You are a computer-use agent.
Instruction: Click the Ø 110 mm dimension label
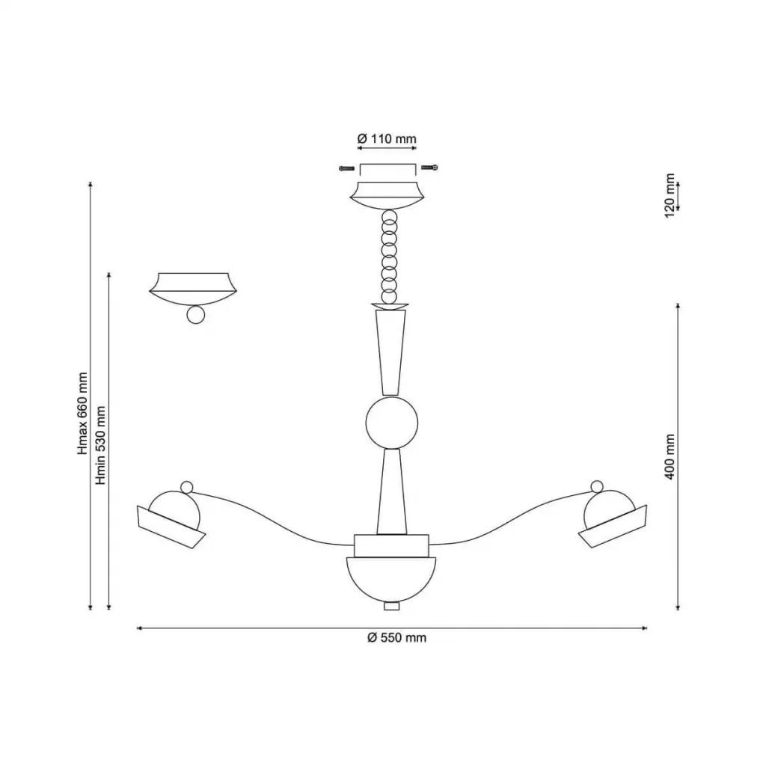tap(387, 138)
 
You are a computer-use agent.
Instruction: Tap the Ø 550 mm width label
tap(396, 637)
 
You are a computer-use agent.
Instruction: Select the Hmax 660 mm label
tap(82, 413)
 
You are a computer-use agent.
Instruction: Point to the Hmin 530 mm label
tap(101, 445)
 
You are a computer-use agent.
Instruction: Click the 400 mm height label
tap(670, 457)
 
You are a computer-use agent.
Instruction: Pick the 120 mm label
tap(670, 196)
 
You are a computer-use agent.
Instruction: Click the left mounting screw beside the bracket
tap(347, 168)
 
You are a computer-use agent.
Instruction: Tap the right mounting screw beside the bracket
tap(429, 168)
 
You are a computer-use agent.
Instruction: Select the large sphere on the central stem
tap(392, 423)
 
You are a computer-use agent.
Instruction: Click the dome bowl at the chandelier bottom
tap(390, 580)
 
